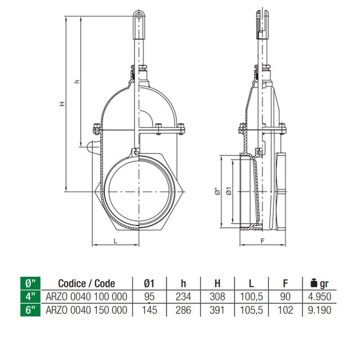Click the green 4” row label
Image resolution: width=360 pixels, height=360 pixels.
pos(30,296)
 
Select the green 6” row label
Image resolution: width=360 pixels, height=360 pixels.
pos(30,310)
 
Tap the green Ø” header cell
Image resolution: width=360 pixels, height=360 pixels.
pos(30,283)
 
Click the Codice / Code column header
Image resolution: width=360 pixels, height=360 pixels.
pos(87,283)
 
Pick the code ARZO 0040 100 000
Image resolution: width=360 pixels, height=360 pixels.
pos(86,296)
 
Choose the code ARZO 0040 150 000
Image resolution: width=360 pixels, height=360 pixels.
pos(86,310)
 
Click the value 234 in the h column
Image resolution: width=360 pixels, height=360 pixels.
pos(183,296)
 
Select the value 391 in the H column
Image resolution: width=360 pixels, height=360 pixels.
pos(217,310)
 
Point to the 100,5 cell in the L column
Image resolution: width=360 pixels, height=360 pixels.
pos(251,296)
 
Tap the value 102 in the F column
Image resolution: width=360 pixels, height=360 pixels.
pos(285,310)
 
